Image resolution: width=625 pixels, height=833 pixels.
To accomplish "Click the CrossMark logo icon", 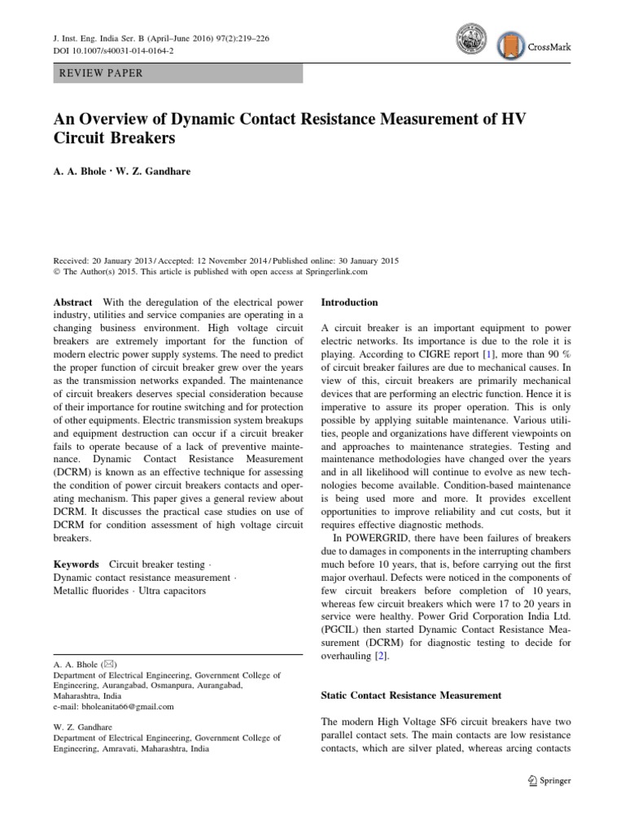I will tap(510, 46).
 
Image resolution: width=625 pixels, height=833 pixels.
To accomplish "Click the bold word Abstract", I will tap(73, 302).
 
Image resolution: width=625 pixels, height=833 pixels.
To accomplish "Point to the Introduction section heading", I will tap(350, 302).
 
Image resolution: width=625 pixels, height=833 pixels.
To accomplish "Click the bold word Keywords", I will tap(76, 564).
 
